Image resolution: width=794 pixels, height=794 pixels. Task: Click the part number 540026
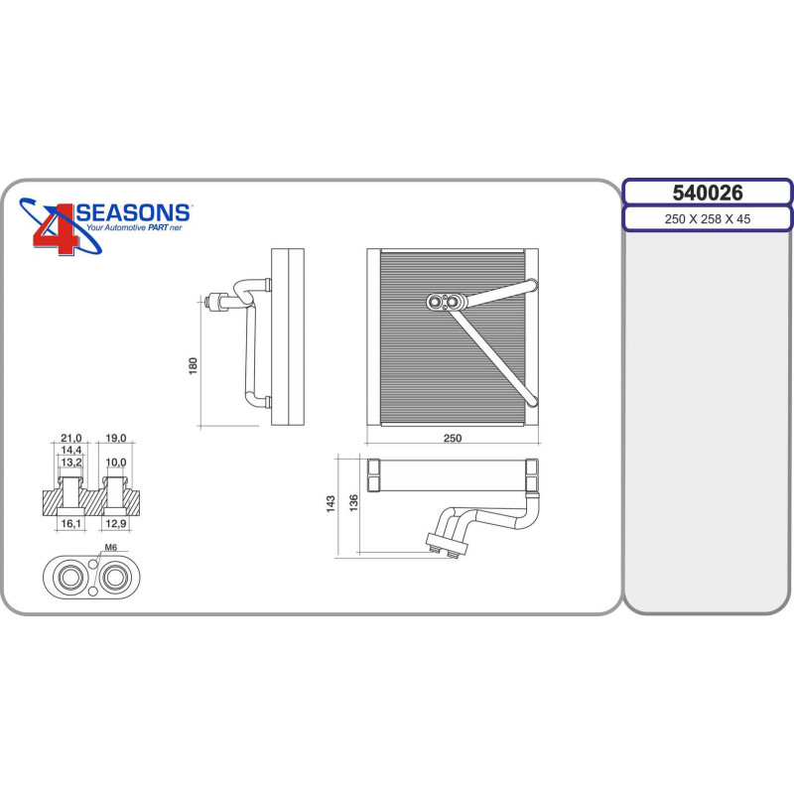[708, 193]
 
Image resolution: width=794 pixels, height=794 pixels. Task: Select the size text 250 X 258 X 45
[708, 219]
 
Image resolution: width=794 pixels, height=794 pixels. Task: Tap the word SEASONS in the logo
[133, 212]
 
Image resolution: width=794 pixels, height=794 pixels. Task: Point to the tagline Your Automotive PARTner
[134, 228]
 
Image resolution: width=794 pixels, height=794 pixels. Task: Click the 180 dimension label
[193, 366]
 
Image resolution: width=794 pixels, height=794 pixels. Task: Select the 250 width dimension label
[453, 438]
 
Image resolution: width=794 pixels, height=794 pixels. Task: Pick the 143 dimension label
[331, 504]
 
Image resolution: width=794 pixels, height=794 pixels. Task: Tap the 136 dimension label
[354, 503]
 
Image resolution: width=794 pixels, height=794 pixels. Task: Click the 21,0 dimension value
[70, 438]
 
